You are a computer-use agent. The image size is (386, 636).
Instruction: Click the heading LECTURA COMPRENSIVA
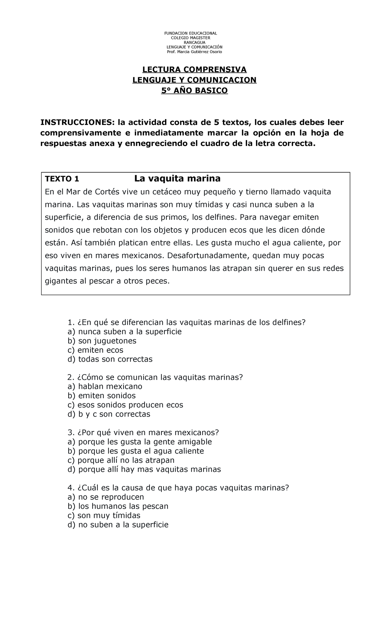tap(194, 70)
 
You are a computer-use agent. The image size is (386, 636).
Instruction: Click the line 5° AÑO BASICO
tap(194, 91)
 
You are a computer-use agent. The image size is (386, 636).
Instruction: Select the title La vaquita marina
tap(177, 178)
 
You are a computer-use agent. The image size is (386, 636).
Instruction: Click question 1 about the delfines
tap(186, 323)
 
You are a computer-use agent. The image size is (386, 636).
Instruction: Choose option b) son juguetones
tap(102, 341)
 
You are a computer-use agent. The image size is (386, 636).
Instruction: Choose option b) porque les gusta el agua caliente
tap(136, 451)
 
